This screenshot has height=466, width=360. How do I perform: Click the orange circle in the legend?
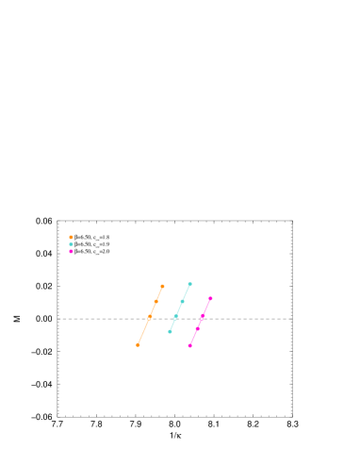click(71, 237)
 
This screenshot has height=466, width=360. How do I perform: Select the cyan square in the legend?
click(71, 244)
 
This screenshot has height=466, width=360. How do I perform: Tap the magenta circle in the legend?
click(71, 251)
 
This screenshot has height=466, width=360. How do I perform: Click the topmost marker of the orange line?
click(162, 286)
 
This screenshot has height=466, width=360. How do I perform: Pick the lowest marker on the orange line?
click(138, 345)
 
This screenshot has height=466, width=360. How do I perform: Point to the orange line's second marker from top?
click(155, 301)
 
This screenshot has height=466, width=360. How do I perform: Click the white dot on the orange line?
click(149, 318)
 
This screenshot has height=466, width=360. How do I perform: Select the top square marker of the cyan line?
click(189, 283)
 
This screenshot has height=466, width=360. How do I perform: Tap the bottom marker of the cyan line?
click(170, 331)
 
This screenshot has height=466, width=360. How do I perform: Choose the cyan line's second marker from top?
click(182, 301)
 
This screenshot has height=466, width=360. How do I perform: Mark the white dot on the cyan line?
click(174, 318)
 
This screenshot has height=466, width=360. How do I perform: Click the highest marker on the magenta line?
click(210, 298)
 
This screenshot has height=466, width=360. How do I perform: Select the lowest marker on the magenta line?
click(189, 346)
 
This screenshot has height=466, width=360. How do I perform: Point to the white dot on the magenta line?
click(202, 318)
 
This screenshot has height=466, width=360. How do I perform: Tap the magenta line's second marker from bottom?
click(197, 328)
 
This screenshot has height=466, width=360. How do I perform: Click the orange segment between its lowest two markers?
click(143, 332)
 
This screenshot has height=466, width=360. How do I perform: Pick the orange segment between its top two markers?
click(159, 293)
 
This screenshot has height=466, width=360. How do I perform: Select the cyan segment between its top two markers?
click(186, 292)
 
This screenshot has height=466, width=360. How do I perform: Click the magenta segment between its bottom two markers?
click(193, 338)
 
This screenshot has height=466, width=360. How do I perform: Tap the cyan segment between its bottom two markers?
click(172, 325)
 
